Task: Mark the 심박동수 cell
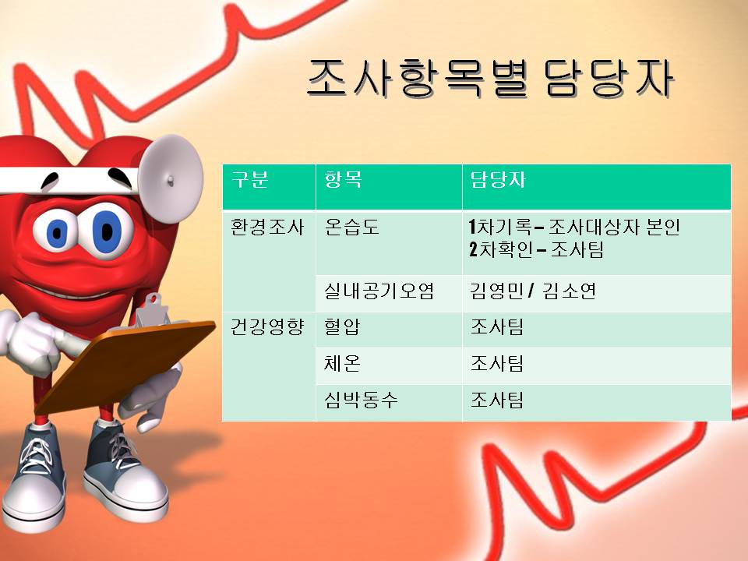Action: (x=361, y=400)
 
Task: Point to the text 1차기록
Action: (x=499, y=228)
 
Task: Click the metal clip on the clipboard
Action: (x=151, y=312)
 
